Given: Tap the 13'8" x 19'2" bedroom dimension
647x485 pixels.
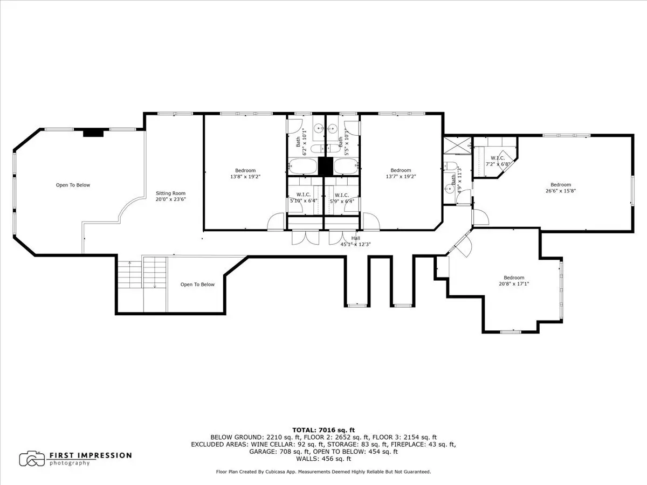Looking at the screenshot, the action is click(245, 177).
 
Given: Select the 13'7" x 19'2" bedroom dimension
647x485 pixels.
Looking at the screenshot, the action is click(401, 177).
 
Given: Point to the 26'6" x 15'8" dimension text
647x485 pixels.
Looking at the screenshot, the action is click(561, 191).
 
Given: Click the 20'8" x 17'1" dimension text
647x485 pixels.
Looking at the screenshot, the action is click(514, 284).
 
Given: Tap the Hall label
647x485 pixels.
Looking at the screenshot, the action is click(356, 238).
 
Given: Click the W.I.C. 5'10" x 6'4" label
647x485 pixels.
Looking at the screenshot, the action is click(304, 198).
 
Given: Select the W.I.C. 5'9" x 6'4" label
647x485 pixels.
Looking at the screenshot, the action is click(342, 198).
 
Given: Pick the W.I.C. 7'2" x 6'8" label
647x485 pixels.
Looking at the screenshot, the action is click(498, 161).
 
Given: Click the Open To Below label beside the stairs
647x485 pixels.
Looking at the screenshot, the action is click(197, 285).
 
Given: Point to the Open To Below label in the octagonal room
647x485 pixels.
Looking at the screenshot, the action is click(73, 185).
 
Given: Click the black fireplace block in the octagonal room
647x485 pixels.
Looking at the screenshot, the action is click(93, 133).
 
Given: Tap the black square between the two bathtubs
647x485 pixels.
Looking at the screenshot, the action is click(326, 167).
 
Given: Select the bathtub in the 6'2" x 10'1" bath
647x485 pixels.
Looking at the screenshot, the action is click(302, 167).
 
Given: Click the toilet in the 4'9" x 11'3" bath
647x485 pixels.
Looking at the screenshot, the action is click(451, 167).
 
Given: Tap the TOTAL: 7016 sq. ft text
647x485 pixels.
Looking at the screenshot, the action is click(323, 430).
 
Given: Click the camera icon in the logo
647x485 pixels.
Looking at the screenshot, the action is click(32, 459).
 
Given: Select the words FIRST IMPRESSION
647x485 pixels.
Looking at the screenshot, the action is click(91, 455).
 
